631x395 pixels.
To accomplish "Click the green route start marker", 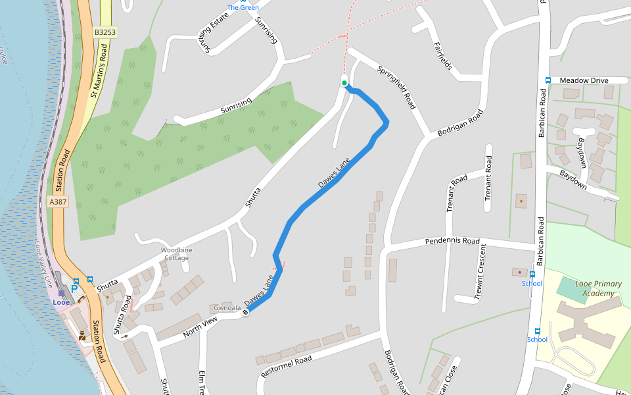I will click(344, 83).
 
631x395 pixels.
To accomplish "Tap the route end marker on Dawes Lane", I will click(246, 311).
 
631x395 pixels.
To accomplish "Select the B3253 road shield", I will click(105, 32).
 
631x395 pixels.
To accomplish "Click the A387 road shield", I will click(58, 202).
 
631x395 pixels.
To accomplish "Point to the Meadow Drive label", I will click(584, 80).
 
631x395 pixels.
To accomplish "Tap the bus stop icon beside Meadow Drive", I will click(548, 80).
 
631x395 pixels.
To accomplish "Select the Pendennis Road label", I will click(452, 242).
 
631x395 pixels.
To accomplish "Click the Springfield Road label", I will click(396, 87).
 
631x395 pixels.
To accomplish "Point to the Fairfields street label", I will click(442, 57).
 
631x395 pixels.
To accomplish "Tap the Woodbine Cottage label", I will click(177, 254).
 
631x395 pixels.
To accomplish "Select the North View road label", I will click(200, 325).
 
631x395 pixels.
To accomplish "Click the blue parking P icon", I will click(74, 288).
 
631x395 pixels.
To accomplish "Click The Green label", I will click(243, 7).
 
